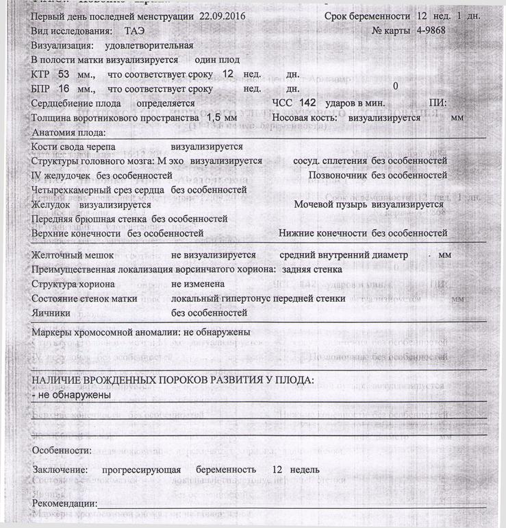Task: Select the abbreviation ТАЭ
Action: [136, 32]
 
